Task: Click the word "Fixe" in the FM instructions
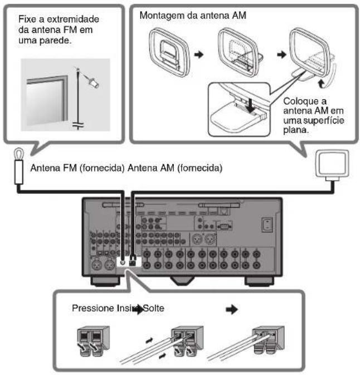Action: click(x=28, y=18)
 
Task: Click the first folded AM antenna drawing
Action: click(x=171, y=53)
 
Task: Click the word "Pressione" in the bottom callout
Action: click(x=93, y=307)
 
